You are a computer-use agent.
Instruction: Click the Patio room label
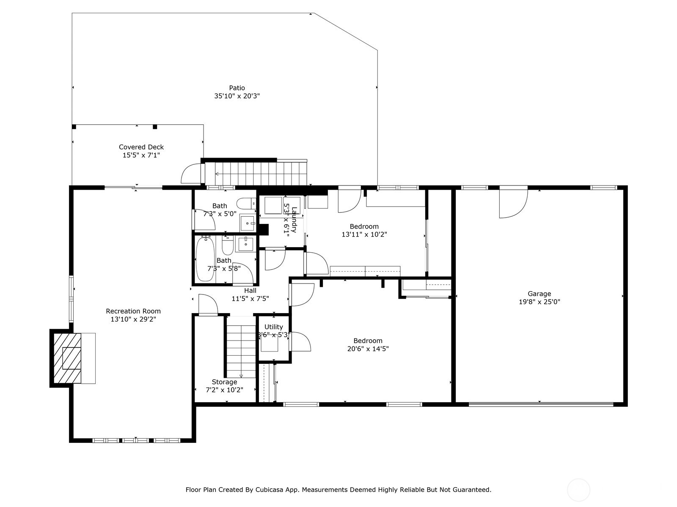pos(237,88)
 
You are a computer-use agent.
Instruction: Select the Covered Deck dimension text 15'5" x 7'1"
pos(141,155)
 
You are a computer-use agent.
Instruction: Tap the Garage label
pos(539,294)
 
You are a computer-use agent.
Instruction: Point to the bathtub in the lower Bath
pos(205,259)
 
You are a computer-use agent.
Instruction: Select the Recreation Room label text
pos(133,311)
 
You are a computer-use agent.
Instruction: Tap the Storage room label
pos(224,382)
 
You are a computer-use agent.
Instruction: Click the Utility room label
pos(274,327)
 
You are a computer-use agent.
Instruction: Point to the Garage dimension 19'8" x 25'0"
pos(539,302)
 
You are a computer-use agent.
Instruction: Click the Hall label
pos(250,291)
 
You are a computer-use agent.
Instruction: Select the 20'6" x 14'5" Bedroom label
pos(368,341)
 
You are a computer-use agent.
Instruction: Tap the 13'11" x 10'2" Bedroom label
pos(364,226)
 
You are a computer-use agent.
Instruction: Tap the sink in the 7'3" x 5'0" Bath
pos(248,223)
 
